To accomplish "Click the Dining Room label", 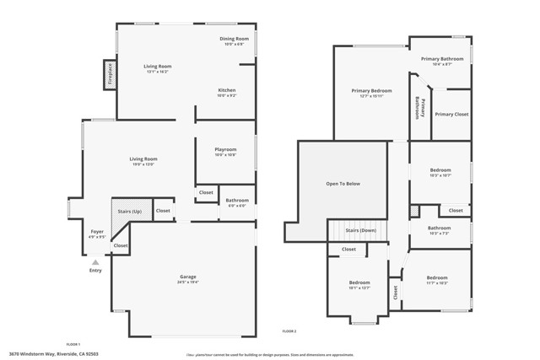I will pyautogui.click(x=235, y=39).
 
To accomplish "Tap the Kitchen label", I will pyautogui.click(x=226, y=90).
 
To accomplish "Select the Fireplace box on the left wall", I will pyautogui.click(x=110, y=75).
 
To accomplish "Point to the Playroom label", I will pyautogui.click(x=225, y=149).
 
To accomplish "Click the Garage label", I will pyautogui.click(x=187, y=277).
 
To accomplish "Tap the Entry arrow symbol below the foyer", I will pyautogui.click(x=95, y=262).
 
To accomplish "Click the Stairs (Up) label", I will pyautogui.click(x=129, y=211).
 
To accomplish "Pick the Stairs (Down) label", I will pyautogui.click(x=360, y=229).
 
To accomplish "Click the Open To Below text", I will pyautogui.click(x=343, y=183).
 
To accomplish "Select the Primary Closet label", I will pyautogui.click(x=451, y=114).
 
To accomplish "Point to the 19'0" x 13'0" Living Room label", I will pyautogui.click(x=143, y=159).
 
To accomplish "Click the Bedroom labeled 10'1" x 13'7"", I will pyautogui.click(x=359, y=282).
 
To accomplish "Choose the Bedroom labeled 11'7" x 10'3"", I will pyautogui.click(x=437, y=277).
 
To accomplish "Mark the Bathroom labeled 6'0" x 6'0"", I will pyautogui.click(x=237, y=201).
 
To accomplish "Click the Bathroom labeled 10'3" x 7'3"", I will pyautogui.click(x=439, y=228).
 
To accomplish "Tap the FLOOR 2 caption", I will pyautogui.click(x=289, y=331).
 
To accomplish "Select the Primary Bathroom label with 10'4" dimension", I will pyautogui.click(x=442, y=59).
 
